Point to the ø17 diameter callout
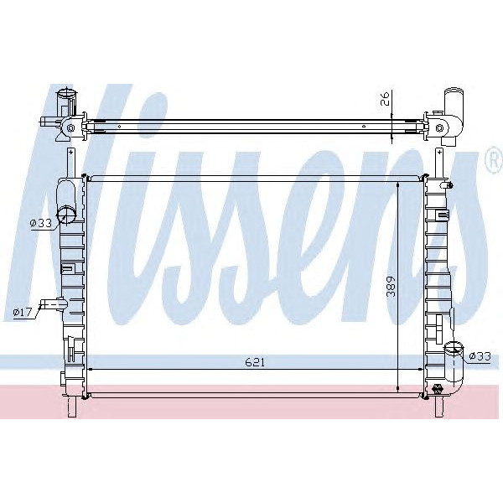[x=23, y=313]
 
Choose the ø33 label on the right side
[x=480, y=356]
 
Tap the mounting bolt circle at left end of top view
[x=70, y=128]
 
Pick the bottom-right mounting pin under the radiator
[x=439, y=406]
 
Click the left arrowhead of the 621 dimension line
[x=91, y=369]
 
